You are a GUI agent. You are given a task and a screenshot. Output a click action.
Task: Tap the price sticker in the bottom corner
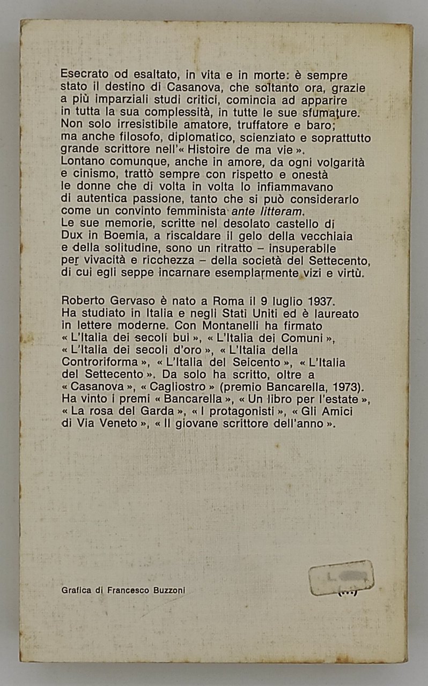pos(341,578)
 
